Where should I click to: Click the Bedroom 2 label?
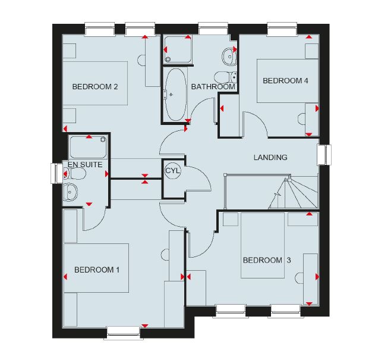(95, 86)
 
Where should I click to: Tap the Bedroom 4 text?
(285, 81)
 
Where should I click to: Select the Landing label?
(270, 157)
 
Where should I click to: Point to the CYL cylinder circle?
(172, 171)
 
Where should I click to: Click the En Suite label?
(85, 165)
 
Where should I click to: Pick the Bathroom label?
(213, 86)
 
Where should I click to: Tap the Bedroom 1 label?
(97, 270)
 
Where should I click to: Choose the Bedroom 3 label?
(267, 260)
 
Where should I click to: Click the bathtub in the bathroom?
(176, 95)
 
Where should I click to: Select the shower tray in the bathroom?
(178, 49)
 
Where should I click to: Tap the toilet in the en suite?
(75, 173)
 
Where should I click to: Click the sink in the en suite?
(70, 192)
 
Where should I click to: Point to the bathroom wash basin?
(229, 56)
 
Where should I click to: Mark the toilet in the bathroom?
(225, 77)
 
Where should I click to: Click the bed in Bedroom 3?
(263, 246)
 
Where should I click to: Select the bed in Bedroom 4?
(288, 81)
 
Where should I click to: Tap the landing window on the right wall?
(324, 155)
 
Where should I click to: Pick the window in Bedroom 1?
(124, 333)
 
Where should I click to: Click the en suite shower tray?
(88, 147)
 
